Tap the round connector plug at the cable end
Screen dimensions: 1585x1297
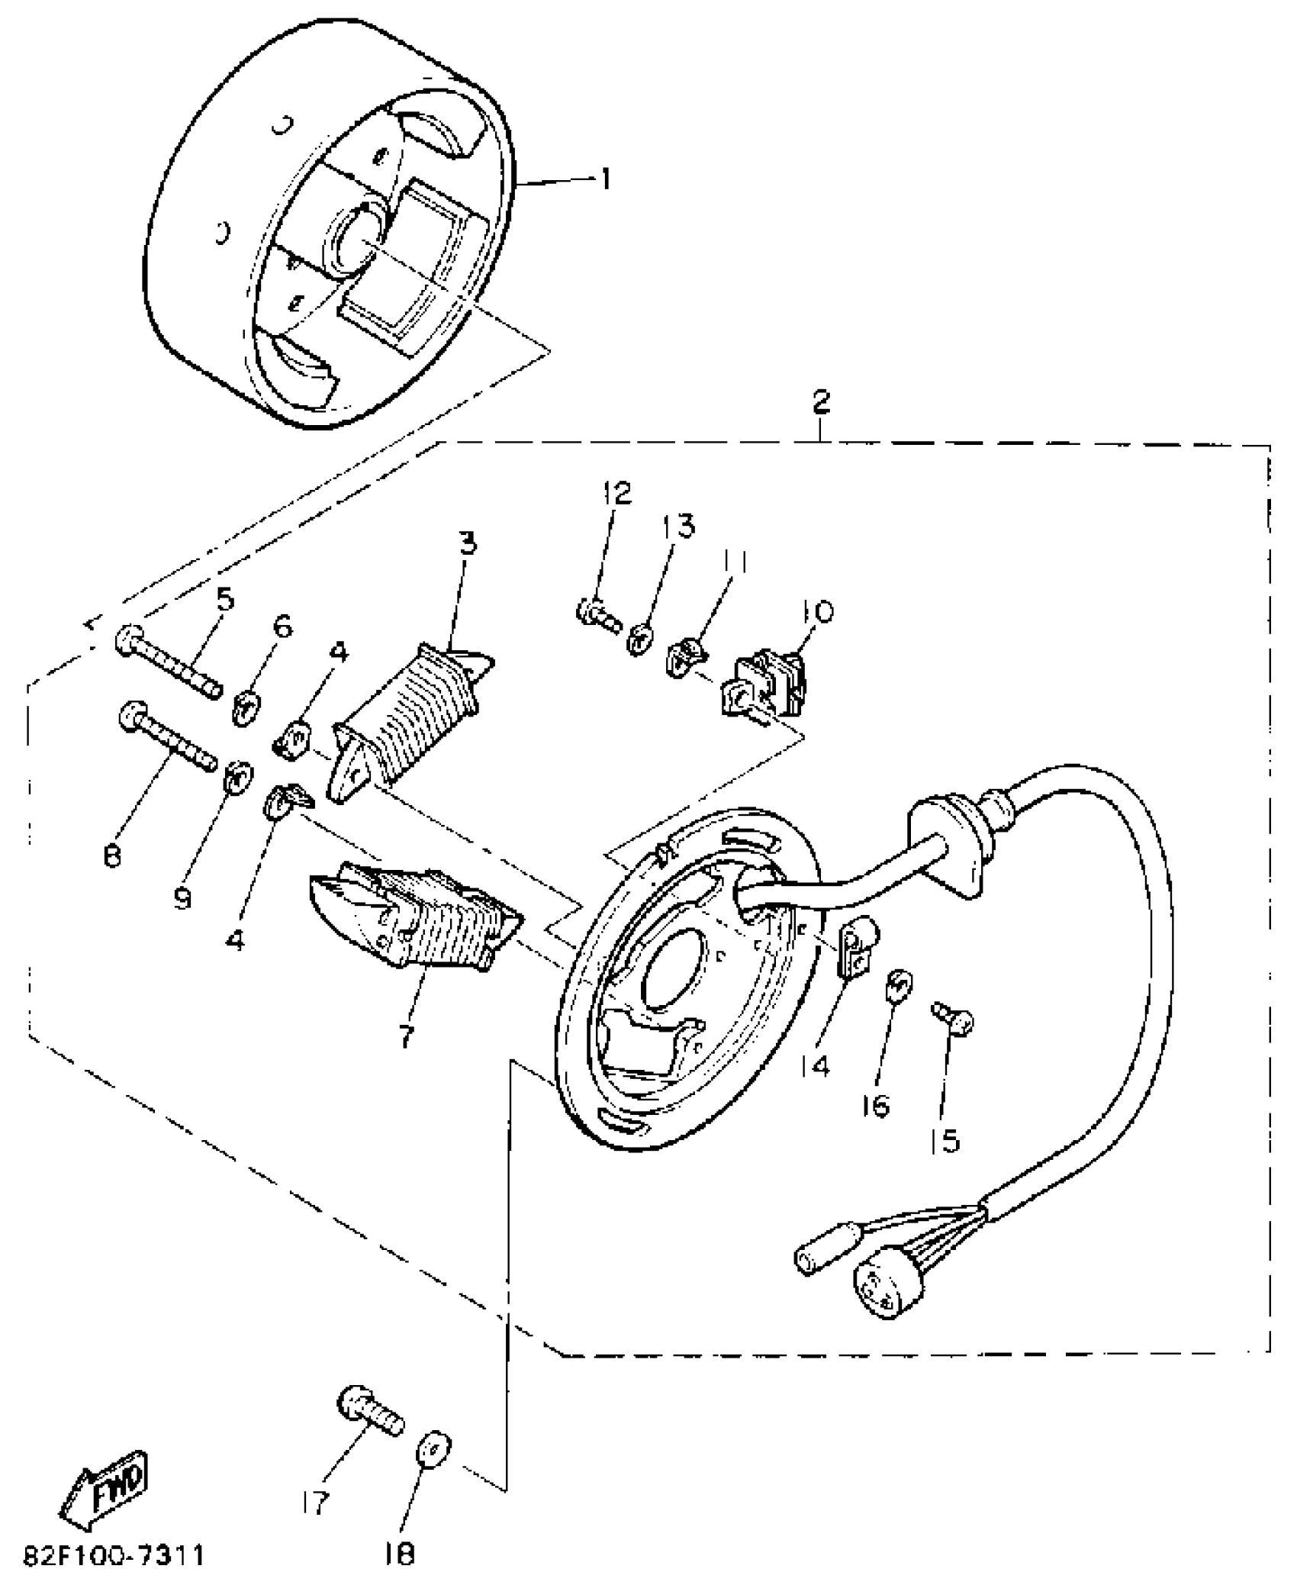coord(887,1297)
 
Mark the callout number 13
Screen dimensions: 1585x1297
coord(679,527)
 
